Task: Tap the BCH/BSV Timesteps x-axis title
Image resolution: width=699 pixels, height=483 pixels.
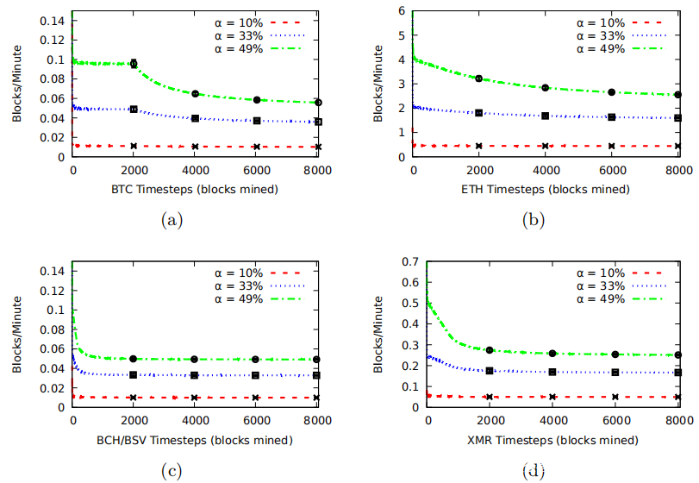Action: pos(195,440)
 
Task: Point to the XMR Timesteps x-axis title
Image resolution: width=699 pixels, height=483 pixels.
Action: pos(552,440)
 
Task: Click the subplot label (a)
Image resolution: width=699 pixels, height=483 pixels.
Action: pos(172,220)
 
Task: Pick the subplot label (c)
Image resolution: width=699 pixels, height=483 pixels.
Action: pos(172,470)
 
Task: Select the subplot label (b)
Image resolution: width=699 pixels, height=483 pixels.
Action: pos(534,220)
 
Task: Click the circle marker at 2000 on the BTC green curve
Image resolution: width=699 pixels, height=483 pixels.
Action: pos(134,63)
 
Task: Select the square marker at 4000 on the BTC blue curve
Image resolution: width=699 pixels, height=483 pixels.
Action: pos(196,118)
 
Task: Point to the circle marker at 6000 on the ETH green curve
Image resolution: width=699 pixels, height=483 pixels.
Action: pos(611,92)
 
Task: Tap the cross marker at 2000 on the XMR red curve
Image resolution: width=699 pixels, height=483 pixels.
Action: pos(490,397)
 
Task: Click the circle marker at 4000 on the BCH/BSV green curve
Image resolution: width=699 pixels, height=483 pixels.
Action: pos(195,359)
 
